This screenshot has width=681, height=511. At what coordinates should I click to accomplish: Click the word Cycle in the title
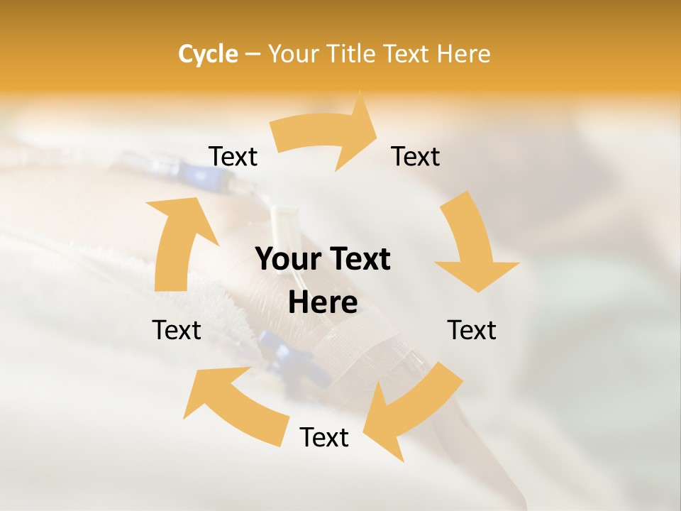coord(208,54)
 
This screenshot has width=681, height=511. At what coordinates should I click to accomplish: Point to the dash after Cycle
coord(252,55)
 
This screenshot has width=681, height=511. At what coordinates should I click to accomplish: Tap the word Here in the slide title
coord(463,54)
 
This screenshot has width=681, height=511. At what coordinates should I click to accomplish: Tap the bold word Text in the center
coord(359,260)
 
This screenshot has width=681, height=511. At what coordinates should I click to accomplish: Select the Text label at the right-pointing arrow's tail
coord(233,156)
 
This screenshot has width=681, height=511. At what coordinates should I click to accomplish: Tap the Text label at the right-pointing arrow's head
coord(416,156)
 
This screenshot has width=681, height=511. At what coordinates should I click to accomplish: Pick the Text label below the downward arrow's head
coord(472,330)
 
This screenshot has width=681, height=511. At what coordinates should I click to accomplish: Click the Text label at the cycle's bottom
coord(324,437)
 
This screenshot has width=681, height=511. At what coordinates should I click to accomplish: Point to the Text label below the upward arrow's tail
coord(177,330)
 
